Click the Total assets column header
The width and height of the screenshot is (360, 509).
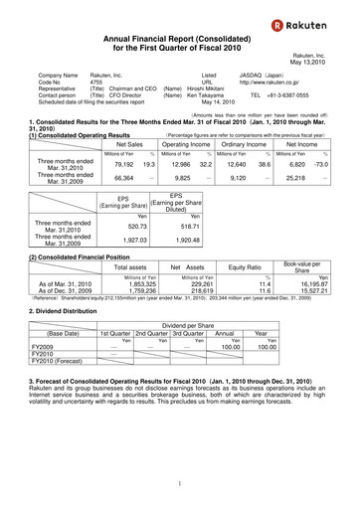point(131,295)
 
